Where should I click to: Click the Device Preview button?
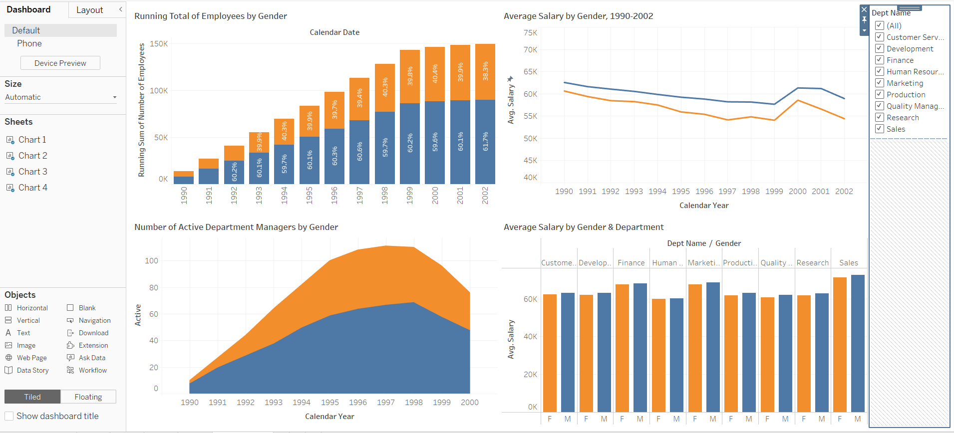[x=60, y=63]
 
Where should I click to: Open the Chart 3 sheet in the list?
[x=32, y=172]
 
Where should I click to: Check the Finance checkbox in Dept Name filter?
[x=880, y=60]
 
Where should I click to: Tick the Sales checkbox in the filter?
[x=880, y=129]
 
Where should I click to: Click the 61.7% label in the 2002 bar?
[x=485, y=141]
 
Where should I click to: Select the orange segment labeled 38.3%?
[x=485, y=71]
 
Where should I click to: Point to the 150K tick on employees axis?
[x=159, y=44]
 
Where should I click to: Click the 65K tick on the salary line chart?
[x=530, y=72]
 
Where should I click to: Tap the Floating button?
[x=88, y=397]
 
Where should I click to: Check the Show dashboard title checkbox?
[x=9, y=416]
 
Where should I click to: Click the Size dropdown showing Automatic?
[x=60, y=97]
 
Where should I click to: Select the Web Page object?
[x=31, y=358]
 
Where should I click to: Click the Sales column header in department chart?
[x=848, y=263]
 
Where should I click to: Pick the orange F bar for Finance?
[x=622, y=348]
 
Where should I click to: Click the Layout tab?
[x=90, y=10]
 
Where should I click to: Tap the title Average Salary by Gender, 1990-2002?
[x=578, y=16]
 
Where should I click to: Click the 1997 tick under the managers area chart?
[x=385, y=403]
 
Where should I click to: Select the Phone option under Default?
[x=29, y=43]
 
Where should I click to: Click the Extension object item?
[x=93, y=345]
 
